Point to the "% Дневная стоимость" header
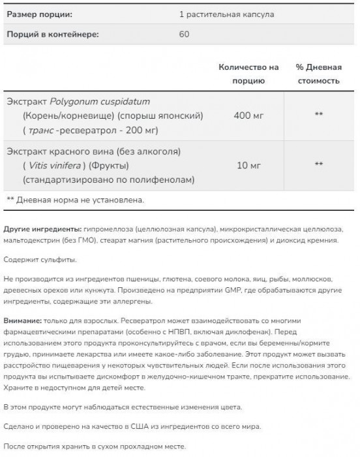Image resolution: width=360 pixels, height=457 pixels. click(x=318, y=74)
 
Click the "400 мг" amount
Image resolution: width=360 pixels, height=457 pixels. click(x=249, y=115)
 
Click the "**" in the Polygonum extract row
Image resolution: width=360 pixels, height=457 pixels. click(x=319, y=115)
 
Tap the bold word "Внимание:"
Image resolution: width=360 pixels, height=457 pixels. click(x=23, y=322)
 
